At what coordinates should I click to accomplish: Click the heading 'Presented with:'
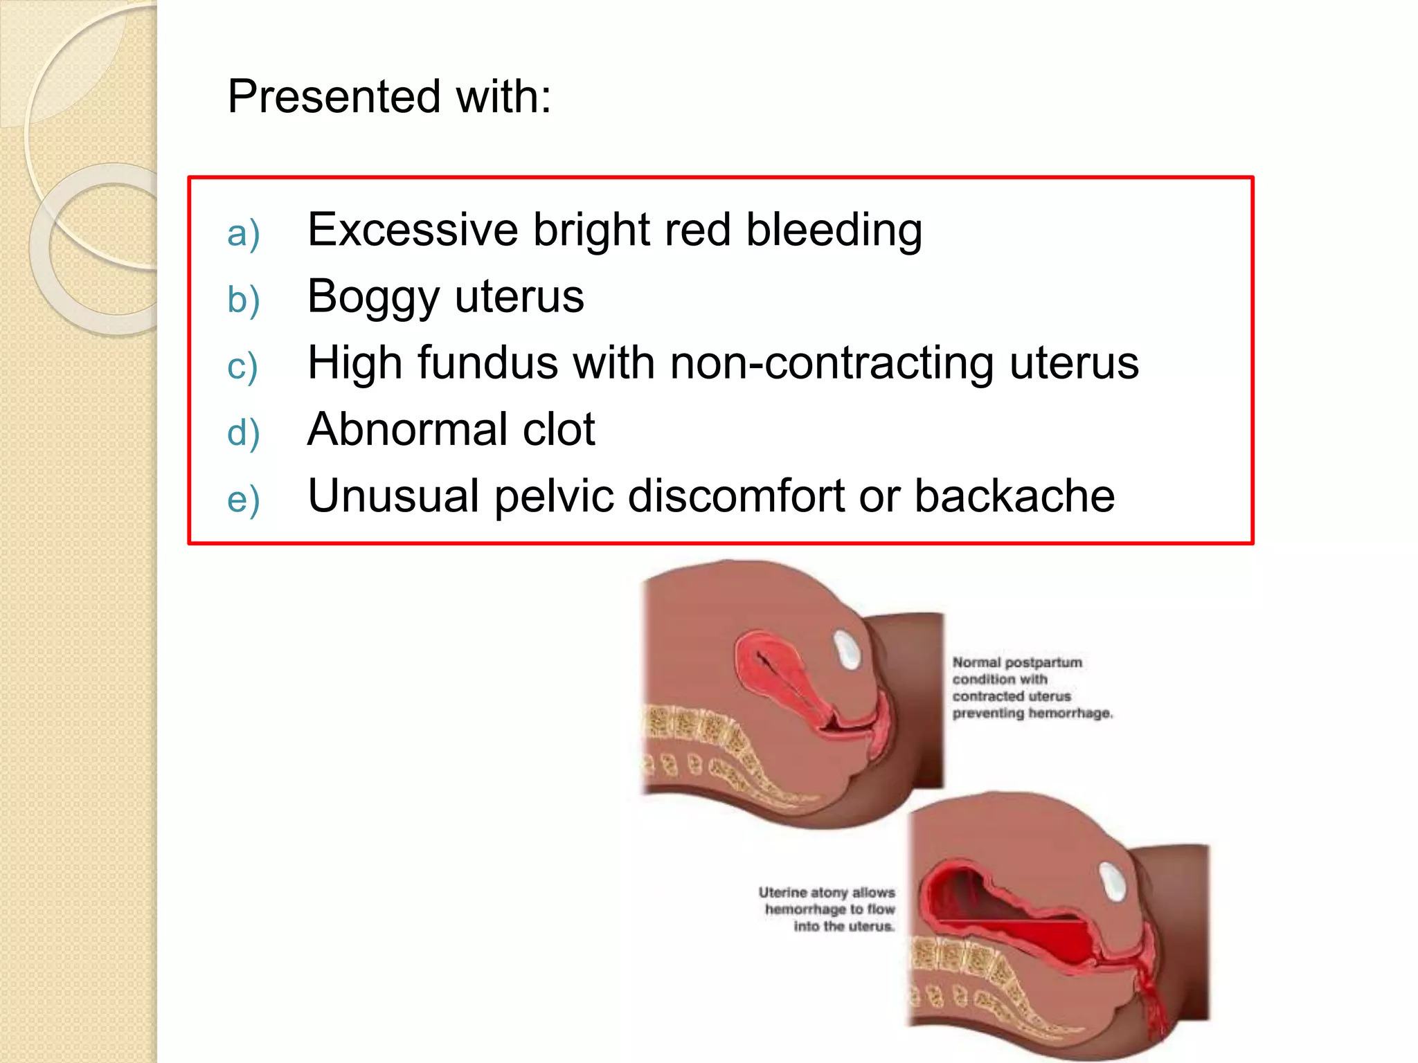pyautogui.click(x=389, y=96)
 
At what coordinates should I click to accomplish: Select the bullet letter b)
pyautogui.click(x=243, y=300)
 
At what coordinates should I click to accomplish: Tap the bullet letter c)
pyautogui.click(x=242, y=366)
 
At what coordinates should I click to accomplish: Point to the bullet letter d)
pyautogui.click(x=243, y=433)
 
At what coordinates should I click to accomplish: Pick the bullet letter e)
pyautogui.click(x=243, y=499)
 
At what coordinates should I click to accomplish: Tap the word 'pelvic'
pyautogui.click(x=553, y=496)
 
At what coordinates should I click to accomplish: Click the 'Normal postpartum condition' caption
pyautogui.click(x=1032, y=687)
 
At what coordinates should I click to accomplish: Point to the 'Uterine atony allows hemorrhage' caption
pyautogui.click(x=828, y=909)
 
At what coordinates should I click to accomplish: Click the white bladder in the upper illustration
pyautogui.click(x=845, y=650)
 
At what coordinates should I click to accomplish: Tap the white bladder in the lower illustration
pyautogui.click(x=1113, y=881)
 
